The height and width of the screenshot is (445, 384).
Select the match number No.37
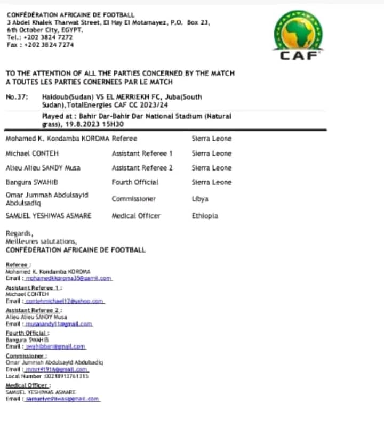click(x=17, y=98)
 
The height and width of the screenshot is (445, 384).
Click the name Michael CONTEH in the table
click(x=29, y=153)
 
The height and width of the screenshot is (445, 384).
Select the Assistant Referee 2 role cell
click(x=142, y=168)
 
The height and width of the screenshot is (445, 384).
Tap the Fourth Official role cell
click(x=135, y=182)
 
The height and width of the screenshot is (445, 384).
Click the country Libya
click(x=200, y=199)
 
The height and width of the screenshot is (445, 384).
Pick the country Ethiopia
click(x=205, y=216)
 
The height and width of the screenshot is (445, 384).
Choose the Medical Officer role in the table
click(x=136, y=216)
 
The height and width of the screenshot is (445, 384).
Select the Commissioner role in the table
click(x=134, y=199)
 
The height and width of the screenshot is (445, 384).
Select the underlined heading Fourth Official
click(x=25, y=333)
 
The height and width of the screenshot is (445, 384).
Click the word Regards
click(x=19, y=233)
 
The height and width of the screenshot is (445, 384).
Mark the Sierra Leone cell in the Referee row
click(x=212, y=139)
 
